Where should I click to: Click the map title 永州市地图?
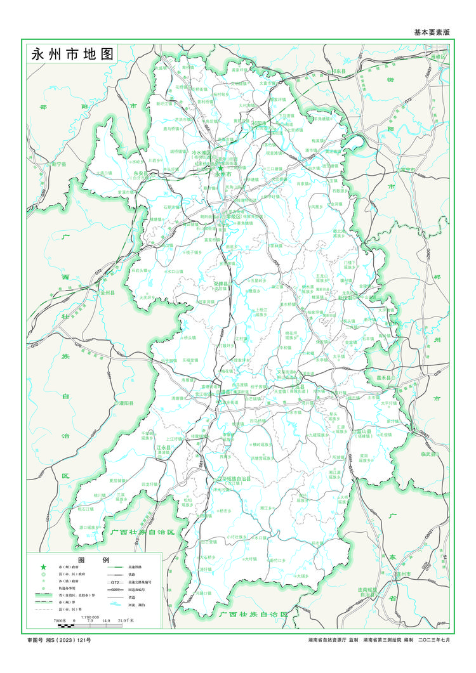click(x=72, y=54)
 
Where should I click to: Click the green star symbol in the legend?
click(x=43, y=566)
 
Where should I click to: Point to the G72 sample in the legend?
click(x=114, y=582)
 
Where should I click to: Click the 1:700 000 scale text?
click(x=93, y=617)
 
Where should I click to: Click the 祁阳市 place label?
click(x=257, y=125)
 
